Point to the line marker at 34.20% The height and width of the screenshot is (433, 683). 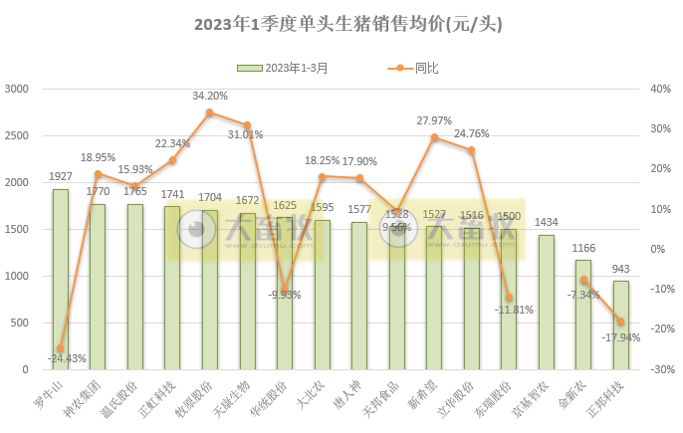pos(210,112)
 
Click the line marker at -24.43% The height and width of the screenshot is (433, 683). pos(61,348)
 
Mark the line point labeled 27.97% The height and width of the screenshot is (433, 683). pos(434,137)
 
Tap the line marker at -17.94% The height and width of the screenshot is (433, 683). pos(620,322)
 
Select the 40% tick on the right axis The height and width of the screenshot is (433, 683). pos(660,90)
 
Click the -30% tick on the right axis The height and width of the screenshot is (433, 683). pos(660,369)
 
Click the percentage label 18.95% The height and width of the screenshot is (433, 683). pos(99,157)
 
